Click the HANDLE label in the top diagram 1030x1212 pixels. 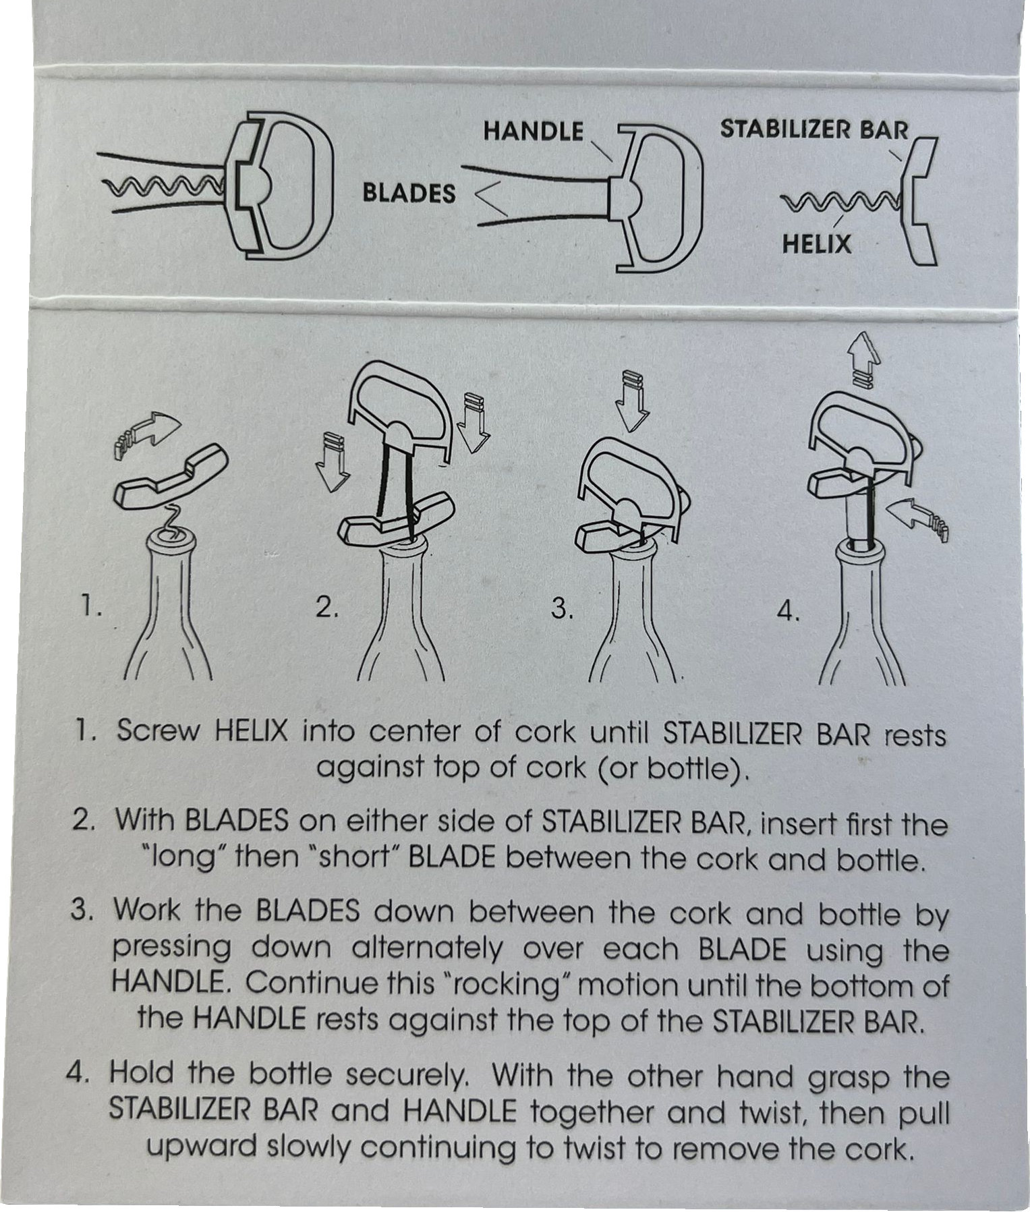533,131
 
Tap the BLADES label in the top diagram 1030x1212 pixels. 409,194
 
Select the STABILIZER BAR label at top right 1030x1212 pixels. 815,129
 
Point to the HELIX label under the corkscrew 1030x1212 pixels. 817,243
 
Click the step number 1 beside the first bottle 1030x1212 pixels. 90,608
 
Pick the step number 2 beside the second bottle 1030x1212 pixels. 326,608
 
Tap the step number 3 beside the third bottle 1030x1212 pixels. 561,608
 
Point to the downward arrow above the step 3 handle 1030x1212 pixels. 633,401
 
